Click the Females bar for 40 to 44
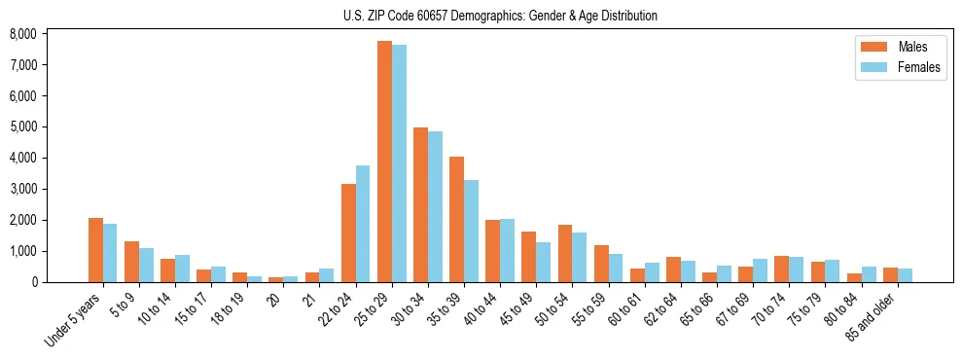click(x=507, y=250)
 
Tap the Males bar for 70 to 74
click(x=781, y=269)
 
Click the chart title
click(x=500, y=16)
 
